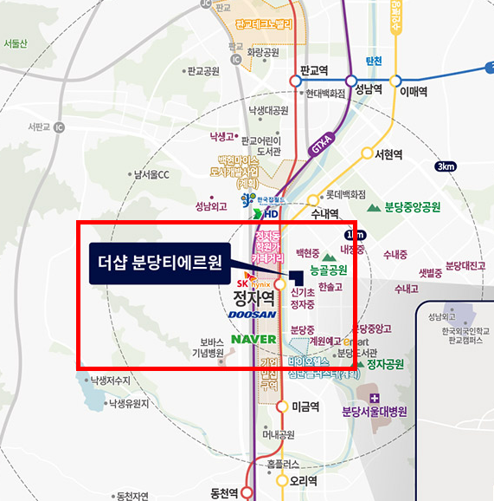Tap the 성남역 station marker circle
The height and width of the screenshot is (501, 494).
[x=351, y=81]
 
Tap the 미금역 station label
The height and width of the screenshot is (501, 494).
[x=306, y=407]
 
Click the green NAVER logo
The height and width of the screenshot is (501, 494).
[x=253, y=338]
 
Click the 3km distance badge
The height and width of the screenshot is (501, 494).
[x=446, y=166]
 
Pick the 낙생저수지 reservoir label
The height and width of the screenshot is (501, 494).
[x=108, y=380]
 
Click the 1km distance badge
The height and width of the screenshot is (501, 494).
[x=354, y=234]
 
